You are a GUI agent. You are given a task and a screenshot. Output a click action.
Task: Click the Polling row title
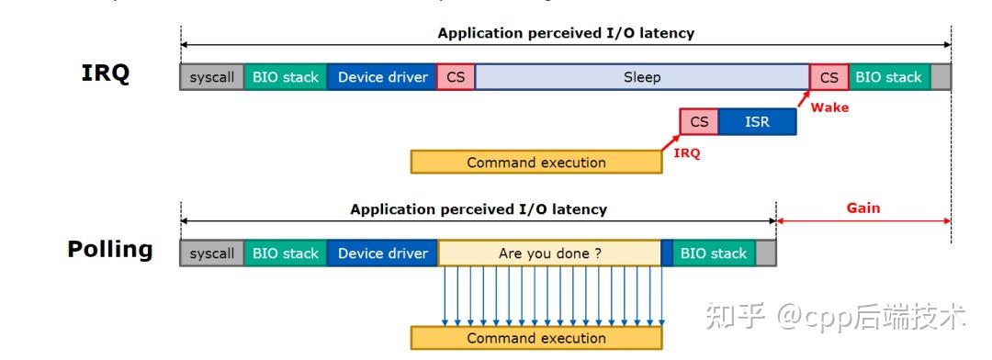(x=110, y=250)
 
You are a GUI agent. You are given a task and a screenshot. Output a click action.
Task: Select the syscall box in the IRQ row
(x=211, y=77)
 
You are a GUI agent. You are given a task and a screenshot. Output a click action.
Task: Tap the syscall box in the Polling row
(x=211, y=253)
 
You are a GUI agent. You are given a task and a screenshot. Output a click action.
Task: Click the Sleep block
(x=641, y=77)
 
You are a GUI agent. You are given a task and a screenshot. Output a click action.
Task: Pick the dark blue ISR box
(x=757, y=121)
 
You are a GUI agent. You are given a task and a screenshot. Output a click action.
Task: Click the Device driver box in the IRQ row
(x=382, y=77)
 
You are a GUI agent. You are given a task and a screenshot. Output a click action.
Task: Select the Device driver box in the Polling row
(x=382, y=253)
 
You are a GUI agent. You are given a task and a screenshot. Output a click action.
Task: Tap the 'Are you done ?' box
(x=549, y=253)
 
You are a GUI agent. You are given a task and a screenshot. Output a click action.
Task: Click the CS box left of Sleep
(x=456, y=77)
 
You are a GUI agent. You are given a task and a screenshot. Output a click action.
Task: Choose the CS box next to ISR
(x=699, y=121)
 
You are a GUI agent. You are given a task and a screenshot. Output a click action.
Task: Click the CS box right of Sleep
(x=829, y=77)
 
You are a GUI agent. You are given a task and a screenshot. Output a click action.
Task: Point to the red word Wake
(x=829, y=107)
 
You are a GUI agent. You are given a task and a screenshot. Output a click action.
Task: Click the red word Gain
(x=862, y=208)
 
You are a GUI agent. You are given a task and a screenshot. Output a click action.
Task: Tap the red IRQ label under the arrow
(x=686, y=153)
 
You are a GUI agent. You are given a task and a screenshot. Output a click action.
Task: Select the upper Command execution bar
(x=535, y=163)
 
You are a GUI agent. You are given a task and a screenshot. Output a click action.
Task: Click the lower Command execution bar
(x=535, y=338)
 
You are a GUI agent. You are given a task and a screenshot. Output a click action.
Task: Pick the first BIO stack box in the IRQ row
(x=285, y=77)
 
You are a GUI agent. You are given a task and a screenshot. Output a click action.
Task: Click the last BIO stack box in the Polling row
(x=714, y=253)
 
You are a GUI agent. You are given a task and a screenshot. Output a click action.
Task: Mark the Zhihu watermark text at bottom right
(x=835, y=318)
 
